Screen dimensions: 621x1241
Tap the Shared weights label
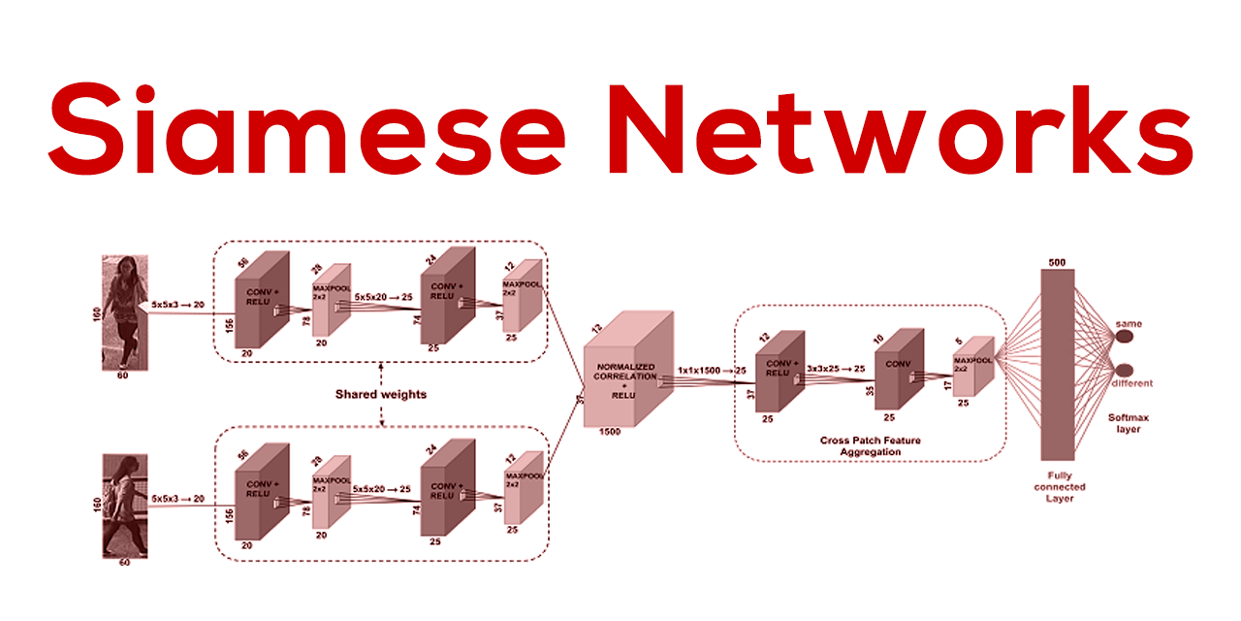click(x=381, y=395)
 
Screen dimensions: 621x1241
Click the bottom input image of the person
click(x=124, y=507)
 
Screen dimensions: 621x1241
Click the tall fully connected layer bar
click(x=1057, y=364)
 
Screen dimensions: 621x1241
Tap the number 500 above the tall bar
click(x=1057, y=262)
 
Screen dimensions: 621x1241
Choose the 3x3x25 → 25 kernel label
click(x=836, y=369)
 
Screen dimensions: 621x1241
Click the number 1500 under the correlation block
click(x=610, y=432)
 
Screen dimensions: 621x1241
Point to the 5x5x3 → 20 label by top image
click(x=177, y=304)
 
